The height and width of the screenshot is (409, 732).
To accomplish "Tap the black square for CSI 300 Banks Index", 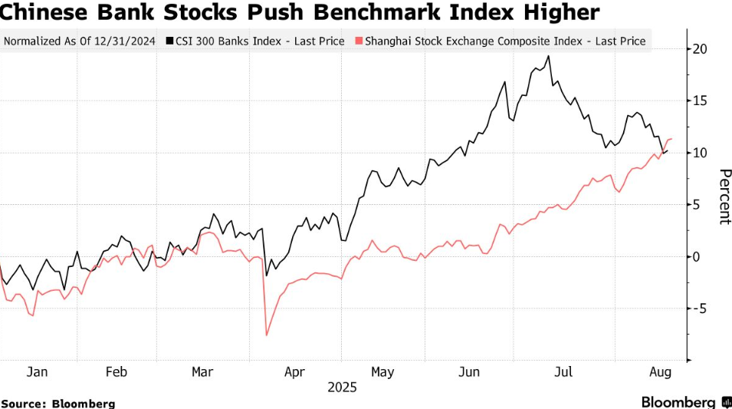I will (x=169, y=41).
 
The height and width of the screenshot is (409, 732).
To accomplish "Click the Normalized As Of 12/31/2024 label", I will (x=80, y=41).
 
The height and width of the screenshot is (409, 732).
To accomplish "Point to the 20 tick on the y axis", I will (x=699, y=49).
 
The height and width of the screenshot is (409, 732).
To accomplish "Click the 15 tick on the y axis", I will (x=699, y=101).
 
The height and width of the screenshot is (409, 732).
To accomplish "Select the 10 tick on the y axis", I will (x=699, y=153).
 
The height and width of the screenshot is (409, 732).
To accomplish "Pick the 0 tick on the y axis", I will (x=697, y=256).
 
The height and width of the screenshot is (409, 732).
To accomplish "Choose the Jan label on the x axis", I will (x=38, y=372).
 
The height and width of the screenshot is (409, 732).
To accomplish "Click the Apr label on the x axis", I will (x=295, y=372).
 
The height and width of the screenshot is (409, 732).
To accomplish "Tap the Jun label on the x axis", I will (x=469, y=372).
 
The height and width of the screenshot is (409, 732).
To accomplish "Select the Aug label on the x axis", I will (x=661, y=372).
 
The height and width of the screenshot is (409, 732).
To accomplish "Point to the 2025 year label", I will (x=343, y=388).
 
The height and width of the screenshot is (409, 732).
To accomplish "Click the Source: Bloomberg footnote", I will (x=57, y=403).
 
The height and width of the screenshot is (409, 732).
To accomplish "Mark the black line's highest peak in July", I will (x=548, y=56).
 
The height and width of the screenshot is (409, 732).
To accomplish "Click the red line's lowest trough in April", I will (x=267, y=335).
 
